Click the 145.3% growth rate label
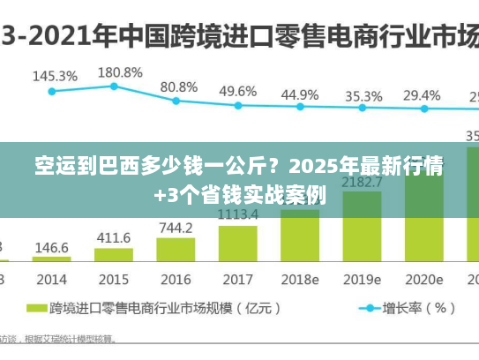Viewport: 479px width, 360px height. tap(55, 77)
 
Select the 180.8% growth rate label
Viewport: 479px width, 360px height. tap(120, 71)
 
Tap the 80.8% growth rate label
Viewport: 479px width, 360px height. tap(179, 86)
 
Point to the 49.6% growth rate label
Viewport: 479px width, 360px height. tap(238, 91)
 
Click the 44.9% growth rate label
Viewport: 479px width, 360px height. tap(300, 94)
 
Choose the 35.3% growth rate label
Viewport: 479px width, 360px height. tap(363, 95)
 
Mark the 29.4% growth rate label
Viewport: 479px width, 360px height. tap(423, 94)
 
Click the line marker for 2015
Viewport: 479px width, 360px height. tap(115, 86)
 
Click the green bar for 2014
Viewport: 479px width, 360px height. tap(53, 259)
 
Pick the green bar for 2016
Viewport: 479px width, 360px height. tap(176, 250)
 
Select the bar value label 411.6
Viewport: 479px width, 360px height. tap(114, 238)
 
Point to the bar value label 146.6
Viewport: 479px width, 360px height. tap(52, 248)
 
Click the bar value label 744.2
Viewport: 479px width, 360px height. tap(176, 228)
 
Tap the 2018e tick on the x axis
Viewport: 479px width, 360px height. tap(299, 280)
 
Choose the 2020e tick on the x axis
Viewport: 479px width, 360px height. tap(423, 280)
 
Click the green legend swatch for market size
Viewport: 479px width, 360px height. tap(35, 309)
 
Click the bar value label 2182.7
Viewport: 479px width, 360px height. tap(362, 183)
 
